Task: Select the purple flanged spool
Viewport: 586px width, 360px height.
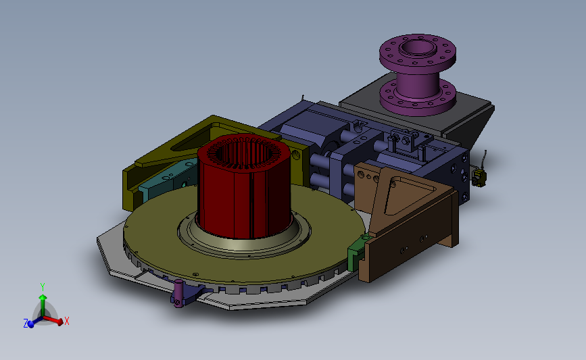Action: (418, 75)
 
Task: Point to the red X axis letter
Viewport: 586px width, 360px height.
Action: (66, 321)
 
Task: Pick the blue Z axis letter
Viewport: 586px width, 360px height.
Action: (26, 324)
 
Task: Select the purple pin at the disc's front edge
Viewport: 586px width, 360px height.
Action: (178, 293)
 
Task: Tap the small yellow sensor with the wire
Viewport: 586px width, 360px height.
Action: (479, 177)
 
